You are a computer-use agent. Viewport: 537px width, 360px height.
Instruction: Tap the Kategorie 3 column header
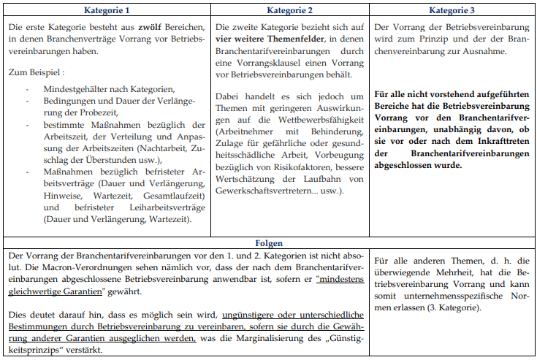(452, 12)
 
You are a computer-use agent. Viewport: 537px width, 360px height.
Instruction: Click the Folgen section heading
(269, 242)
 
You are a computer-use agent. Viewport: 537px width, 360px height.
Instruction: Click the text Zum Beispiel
(36, 73)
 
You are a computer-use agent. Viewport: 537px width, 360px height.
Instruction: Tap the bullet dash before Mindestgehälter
(27, 88)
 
